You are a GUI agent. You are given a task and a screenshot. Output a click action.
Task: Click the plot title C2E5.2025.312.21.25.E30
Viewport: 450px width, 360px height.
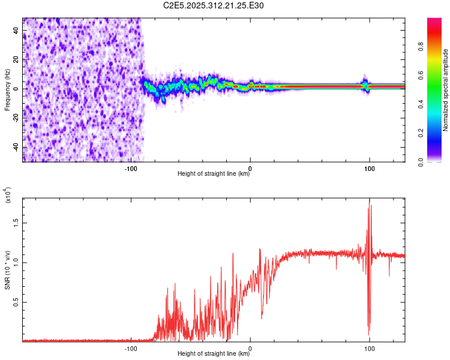(214, 5)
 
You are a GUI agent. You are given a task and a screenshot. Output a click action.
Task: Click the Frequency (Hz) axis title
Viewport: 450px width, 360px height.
(7, 89)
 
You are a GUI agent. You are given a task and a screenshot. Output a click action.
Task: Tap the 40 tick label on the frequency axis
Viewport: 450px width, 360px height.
(17, 31)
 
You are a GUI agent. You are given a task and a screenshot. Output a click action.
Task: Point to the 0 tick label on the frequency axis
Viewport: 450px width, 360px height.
(17, 89)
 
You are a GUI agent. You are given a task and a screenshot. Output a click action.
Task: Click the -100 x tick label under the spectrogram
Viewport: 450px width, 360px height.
(131, 169)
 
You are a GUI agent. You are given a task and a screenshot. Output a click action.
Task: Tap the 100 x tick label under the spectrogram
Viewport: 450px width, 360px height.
(370, 169)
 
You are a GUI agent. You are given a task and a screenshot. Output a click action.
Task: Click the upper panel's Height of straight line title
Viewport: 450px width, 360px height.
(214, 174)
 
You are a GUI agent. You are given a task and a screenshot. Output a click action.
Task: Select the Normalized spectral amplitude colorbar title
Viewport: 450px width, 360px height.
(445, 90)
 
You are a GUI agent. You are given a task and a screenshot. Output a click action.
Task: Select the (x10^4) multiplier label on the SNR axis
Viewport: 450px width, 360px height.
(7, 196)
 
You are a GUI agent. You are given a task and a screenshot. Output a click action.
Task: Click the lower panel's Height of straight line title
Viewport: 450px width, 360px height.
(214, 354)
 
